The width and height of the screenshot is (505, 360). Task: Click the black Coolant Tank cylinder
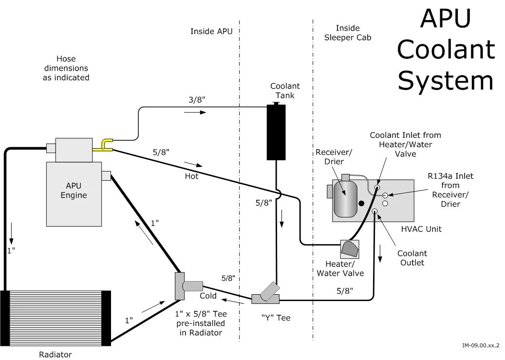(276, 132)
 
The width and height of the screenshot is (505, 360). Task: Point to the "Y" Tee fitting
(266, 295)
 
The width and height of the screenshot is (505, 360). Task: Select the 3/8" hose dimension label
(197, 100)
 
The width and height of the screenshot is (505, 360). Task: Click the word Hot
(191, 176)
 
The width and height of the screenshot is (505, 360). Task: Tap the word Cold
(208, 296)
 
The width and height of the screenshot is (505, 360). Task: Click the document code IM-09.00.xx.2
(481, 345)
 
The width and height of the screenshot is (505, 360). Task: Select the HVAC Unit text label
(421, 228)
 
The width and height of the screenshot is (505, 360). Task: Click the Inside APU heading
(211, 32)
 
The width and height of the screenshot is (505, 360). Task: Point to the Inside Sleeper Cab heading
(348, 33)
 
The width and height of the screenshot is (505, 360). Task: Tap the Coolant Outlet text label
(412, 258)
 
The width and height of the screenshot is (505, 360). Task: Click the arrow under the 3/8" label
(195, 113)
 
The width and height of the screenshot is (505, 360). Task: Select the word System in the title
(446, 80)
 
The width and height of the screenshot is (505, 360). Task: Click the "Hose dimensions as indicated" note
(66, 68)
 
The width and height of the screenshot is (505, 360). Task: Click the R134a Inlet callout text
(450, 190)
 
